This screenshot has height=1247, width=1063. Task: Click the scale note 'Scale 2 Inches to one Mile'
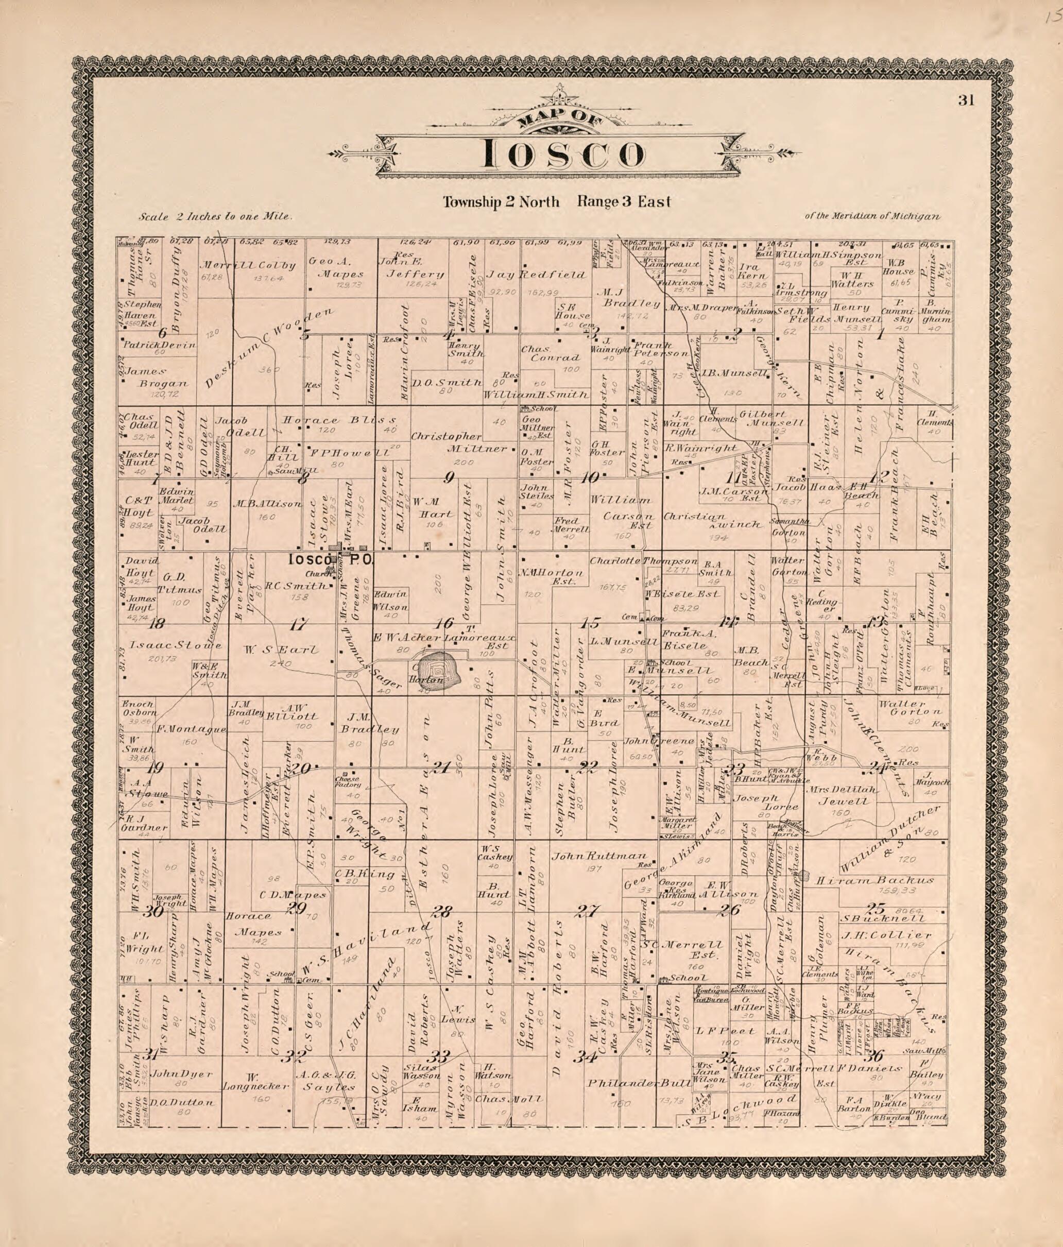[215, 217]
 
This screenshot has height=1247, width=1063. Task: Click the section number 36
[873, 1054]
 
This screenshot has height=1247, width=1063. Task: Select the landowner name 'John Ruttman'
[599, 857]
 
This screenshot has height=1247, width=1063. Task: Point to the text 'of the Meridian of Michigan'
[871, 217]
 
